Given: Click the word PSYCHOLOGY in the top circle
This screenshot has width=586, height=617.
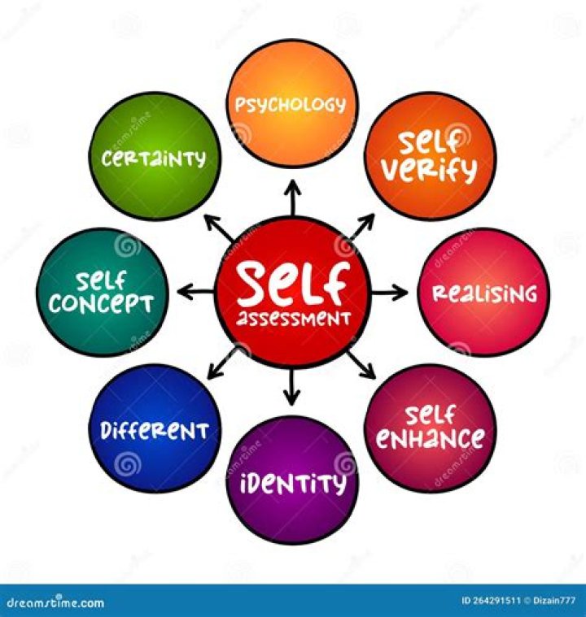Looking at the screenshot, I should pyautogui.click(x=291, y=104).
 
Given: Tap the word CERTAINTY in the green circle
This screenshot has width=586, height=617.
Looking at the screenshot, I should pyautogui.click(x=154, y=159).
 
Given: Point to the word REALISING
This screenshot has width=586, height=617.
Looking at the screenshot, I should pyautogui.click(x=483, y=293).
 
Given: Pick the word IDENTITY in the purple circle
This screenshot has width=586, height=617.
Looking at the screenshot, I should pyautogui.click(x=292, y=484).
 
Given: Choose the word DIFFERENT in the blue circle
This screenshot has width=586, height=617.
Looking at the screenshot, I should pyautogui.click(x=155, y=429).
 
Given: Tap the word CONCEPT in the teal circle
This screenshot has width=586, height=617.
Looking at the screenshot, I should pyautogui.click(x=102, y=304).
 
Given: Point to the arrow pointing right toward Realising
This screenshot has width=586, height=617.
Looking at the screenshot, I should pyautogui.click(x=390, y=292).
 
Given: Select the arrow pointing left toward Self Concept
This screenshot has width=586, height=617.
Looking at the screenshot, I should pyautogui.click(x=193, y=292).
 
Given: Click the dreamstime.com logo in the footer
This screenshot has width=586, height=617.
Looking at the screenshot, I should pyautogui.click(x=53, y=603).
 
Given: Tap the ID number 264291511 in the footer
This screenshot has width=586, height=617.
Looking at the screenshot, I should pyautogui.click(x=492, y=602).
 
